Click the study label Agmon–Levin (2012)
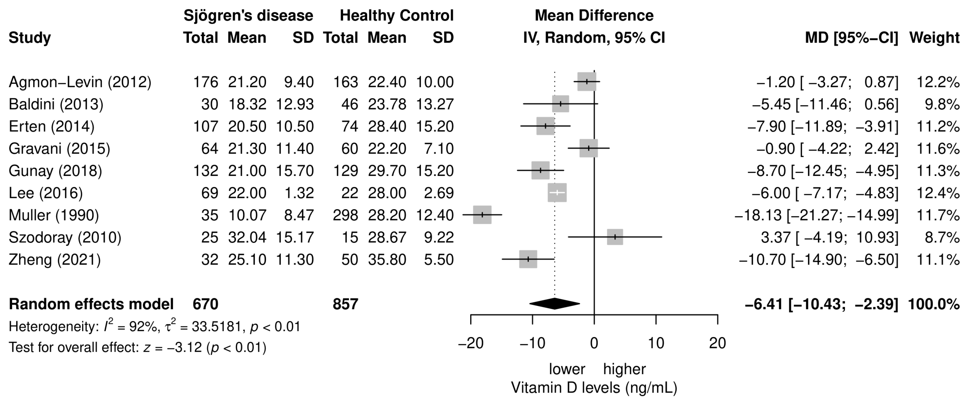point(80,82)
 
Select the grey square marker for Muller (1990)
point(482,215)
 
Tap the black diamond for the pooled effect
point(555,304)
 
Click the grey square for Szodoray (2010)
point(615,237)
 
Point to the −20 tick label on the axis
point(470,343)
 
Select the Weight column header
point(934,38)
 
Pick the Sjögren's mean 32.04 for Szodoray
point(247,237)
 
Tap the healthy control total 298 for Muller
point(345,215)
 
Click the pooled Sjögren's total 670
point(205,304)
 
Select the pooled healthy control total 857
point(345,304)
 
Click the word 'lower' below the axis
point(567,369)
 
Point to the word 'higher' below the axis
point(624,369)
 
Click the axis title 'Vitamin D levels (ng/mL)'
point(594,388)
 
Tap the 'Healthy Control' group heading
point(396,16)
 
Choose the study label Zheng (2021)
point(55,259)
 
